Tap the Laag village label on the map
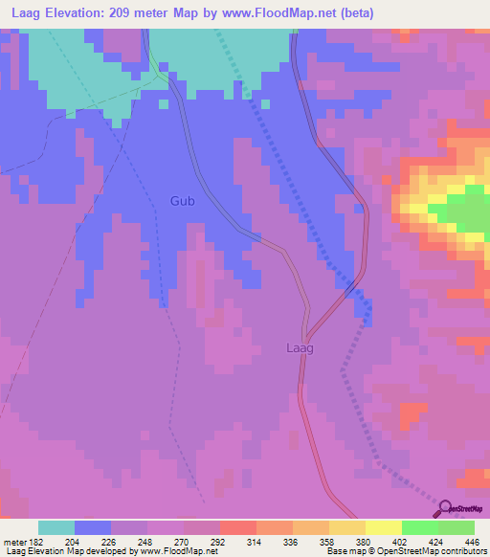[300, 348]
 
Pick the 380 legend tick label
[365, 541]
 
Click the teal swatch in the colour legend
[56, 527]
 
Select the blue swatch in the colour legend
[93, 527]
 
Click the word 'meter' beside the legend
[12, 541]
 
